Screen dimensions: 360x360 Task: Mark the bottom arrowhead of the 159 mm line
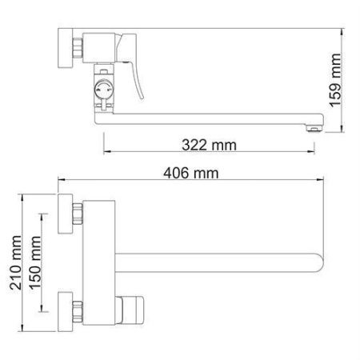(x=344, y=130)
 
